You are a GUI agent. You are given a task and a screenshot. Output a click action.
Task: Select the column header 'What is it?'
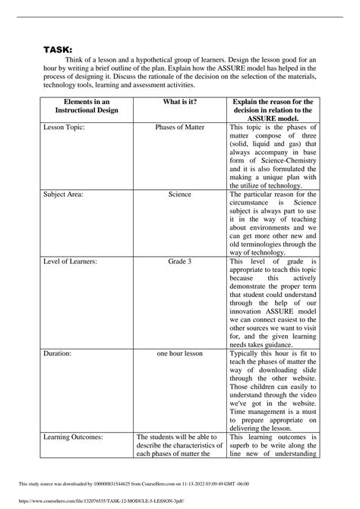179,103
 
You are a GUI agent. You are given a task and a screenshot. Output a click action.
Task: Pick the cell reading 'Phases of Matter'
179,127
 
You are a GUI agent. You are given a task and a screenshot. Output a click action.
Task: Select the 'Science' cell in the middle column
179,194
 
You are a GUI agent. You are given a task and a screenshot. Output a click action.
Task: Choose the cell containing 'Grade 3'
179,262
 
